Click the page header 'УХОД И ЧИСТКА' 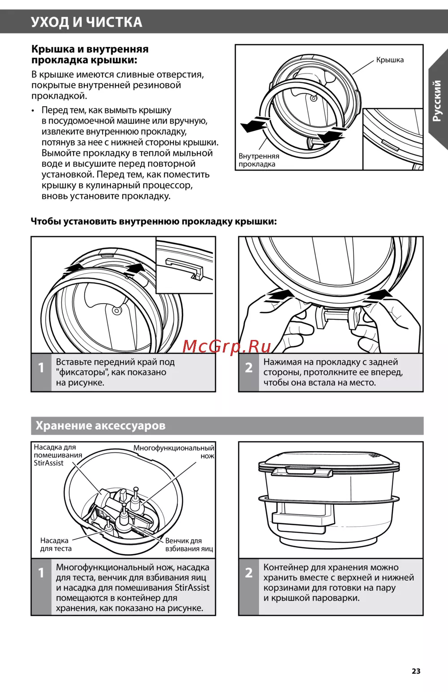pos(86,22)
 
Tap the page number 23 pos(416,671)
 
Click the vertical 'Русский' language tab pos(437,100)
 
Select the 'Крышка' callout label pos(390,60)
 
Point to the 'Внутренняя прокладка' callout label pos(258,160)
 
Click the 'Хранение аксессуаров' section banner pos(100,426)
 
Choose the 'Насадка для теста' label pos(56,544)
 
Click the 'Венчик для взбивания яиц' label pos(189,544)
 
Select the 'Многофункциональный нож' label pos(174,451)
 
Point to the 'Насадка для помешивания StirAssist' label pos(58,455)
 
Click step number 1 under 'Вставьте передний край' pos(41,368)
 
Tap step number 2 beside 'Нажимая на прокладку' pos(249,368)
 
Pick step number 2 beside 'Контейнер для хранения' pos(249,573)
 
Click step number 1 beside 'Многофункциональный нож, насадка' pos(41,573)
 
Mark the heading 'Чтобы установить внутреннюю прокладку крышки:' pos(154,221)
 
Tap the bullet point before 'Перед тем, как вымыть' pos(33,111)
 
